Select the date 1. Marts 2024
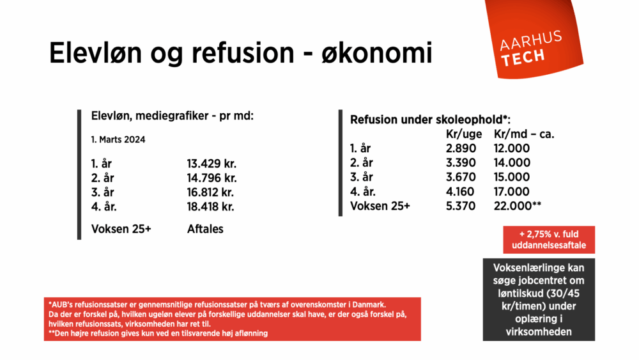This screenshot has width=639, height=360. [x=118, y=139]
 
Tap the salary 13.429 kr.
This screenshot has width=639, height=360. [x=212, y=163]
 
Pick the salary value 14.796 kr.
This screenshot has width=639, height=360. [x=212, y=178]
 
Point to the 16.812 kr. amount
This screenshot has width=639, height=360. [x=212, y=192]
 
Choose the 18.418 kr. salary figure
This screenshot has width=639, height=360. [x=212, y=207]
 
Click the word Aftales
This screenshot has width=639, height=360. [x=205, y=228]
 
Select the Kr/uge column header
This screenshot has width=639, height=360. [x=464, y=134]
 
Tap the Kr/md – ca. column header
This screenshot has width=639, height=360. [x=524, y=134]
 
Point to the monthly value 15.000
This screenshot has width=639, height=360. [x=512, y=177]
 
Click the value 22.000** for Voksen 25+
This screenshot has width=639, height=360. [x=518, y=207]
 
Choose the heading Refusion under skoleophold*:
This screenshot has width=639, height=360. [x=430, y=120]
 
